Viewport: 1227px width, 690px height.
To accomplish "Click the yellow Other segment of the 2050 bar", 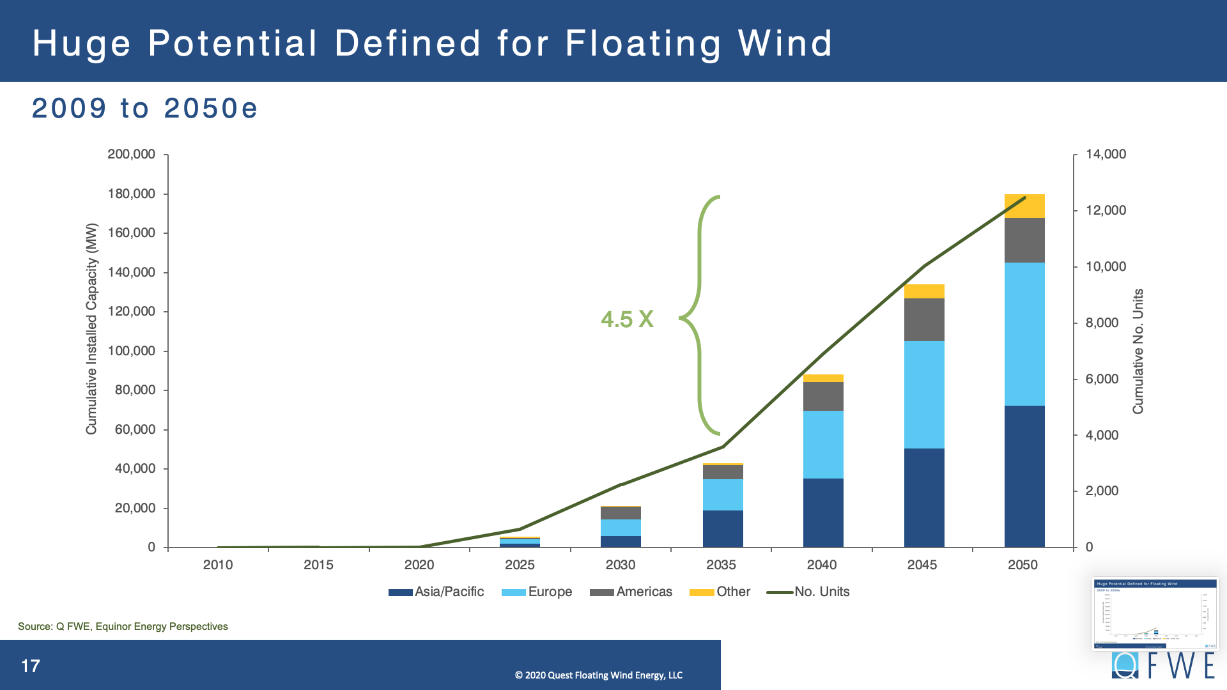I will (1024, 206).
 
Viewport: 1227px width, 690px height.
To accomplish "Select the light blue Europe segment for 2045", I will (924, 394).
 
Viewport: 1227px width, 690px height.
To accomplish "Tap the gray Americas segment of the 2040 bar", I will (823, 396).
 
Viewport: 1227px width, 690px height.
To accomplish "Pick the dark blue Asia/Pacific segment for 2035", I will (723, 528).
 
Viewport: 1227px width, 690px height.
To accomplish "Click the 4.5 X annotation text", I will (627, 319).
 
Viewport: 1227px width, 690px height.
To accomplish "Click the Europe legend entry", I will (537, 592).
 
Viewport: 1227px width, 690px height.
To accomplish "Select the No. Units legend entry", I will (808, 592).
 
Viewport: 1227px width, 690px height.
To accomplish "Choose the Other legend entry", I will (720, 592).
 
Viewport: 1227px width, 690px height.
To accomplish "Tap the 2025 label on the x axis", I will (520, 565).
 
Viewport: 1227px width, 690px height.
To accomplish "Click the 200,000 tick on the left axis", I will (131, 154).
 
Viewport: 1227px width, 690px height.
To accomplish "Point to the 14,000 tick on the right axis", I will (1106, 154).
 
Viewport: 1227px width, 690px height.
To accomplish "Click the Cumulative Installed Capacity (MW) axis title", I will (91, 328).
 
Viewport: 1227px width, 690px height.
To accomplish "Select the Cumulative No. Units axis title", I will (1138, 351).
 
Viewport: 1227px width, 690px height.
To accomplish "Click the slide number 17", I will (30, 666).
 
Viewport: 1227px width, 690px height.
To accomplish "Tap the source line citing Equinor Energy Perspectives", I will (123, 626).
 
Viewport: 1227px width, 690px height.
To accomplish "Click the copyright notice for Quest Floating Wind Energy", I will (599, 675).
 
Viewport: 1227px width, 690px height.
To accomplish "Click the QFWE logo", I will (1162, 666).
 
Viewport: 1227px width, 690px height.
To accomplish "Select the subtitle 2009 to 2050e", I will (144, 108).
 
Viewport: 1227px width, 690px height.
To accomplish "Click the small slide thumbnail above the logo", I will (1155, 613).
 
